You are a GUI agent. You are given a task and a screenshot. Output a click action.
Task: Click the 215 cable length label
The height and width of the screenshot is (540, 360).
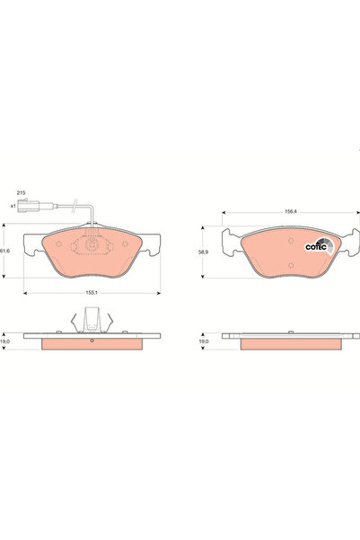(x=22, y=193)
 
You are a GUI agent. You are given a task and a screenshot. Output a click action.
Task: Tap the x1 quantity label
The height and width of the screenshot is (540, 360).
(x=13, y=206)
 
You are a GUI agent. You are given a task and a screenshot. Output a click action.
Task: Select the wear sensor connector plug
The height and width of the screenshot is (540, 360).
(x=29, y=206)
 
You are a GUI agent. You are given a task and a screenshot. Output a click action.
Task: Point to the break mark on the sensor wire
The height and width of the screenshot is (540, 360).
(x=75, y=205)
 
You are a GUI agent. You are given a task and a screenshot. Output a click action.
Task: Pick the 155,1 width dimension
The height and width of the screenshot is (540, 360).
(x=92, y=293)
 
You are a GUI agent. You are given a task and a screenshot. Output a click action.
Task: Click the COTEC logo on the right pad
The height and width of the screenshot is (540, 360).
(x=320, y=246)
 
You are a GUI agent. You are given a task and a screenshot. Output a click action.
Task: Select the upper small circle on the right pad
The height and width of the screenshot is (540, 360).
(x=291, y=241)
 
